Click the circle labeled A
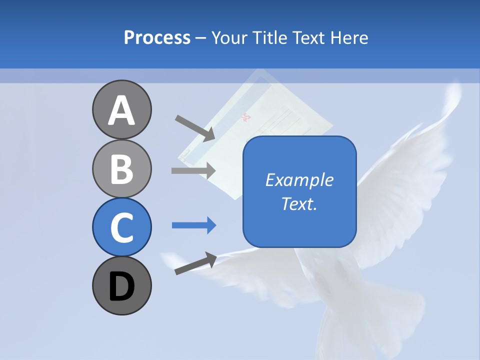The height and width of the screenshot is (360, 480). point(121,109)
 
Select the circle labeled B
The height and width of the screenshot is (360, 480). point(121,168)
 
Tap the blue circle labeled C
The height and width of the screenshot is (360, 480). point(121,227)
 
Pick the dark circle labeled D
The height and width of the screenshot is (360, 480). point(121,286)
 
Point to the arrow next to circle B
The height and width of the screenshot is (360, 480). point(193,170)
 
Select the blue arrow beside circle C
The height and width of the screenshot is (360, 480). point(194,225)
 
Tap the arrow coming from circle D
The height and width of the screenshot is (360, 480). point(195,263)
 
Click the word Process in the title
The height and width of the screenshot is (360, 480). point(157,38)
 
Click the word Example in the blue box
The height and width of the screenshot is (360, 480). point(299,180)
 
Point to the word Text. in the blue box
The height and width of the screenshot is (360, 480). point(299,203)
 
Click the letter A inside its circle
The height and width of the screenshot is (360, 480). point(121,110)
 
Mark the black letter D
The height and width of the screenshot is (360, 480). point(121,287)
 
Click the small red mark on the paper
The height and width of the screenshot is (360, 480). point(245,118)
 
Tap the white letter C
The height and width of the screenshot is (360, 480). point(121,228)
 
